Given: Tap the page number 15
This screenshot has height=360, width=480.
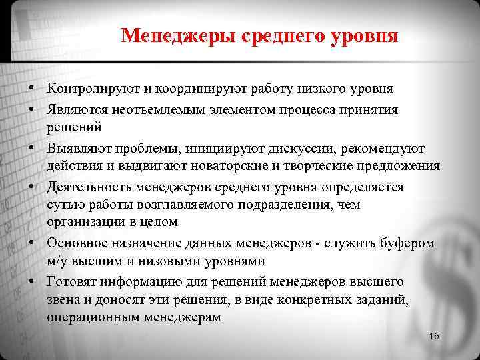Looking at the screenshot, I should [434, 336].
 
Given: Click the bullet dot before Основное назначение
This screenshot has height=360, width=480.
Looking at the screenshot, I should [31, 243].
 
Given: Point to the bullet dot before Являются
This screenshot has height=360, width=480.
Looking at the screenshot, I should [31, 110].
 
